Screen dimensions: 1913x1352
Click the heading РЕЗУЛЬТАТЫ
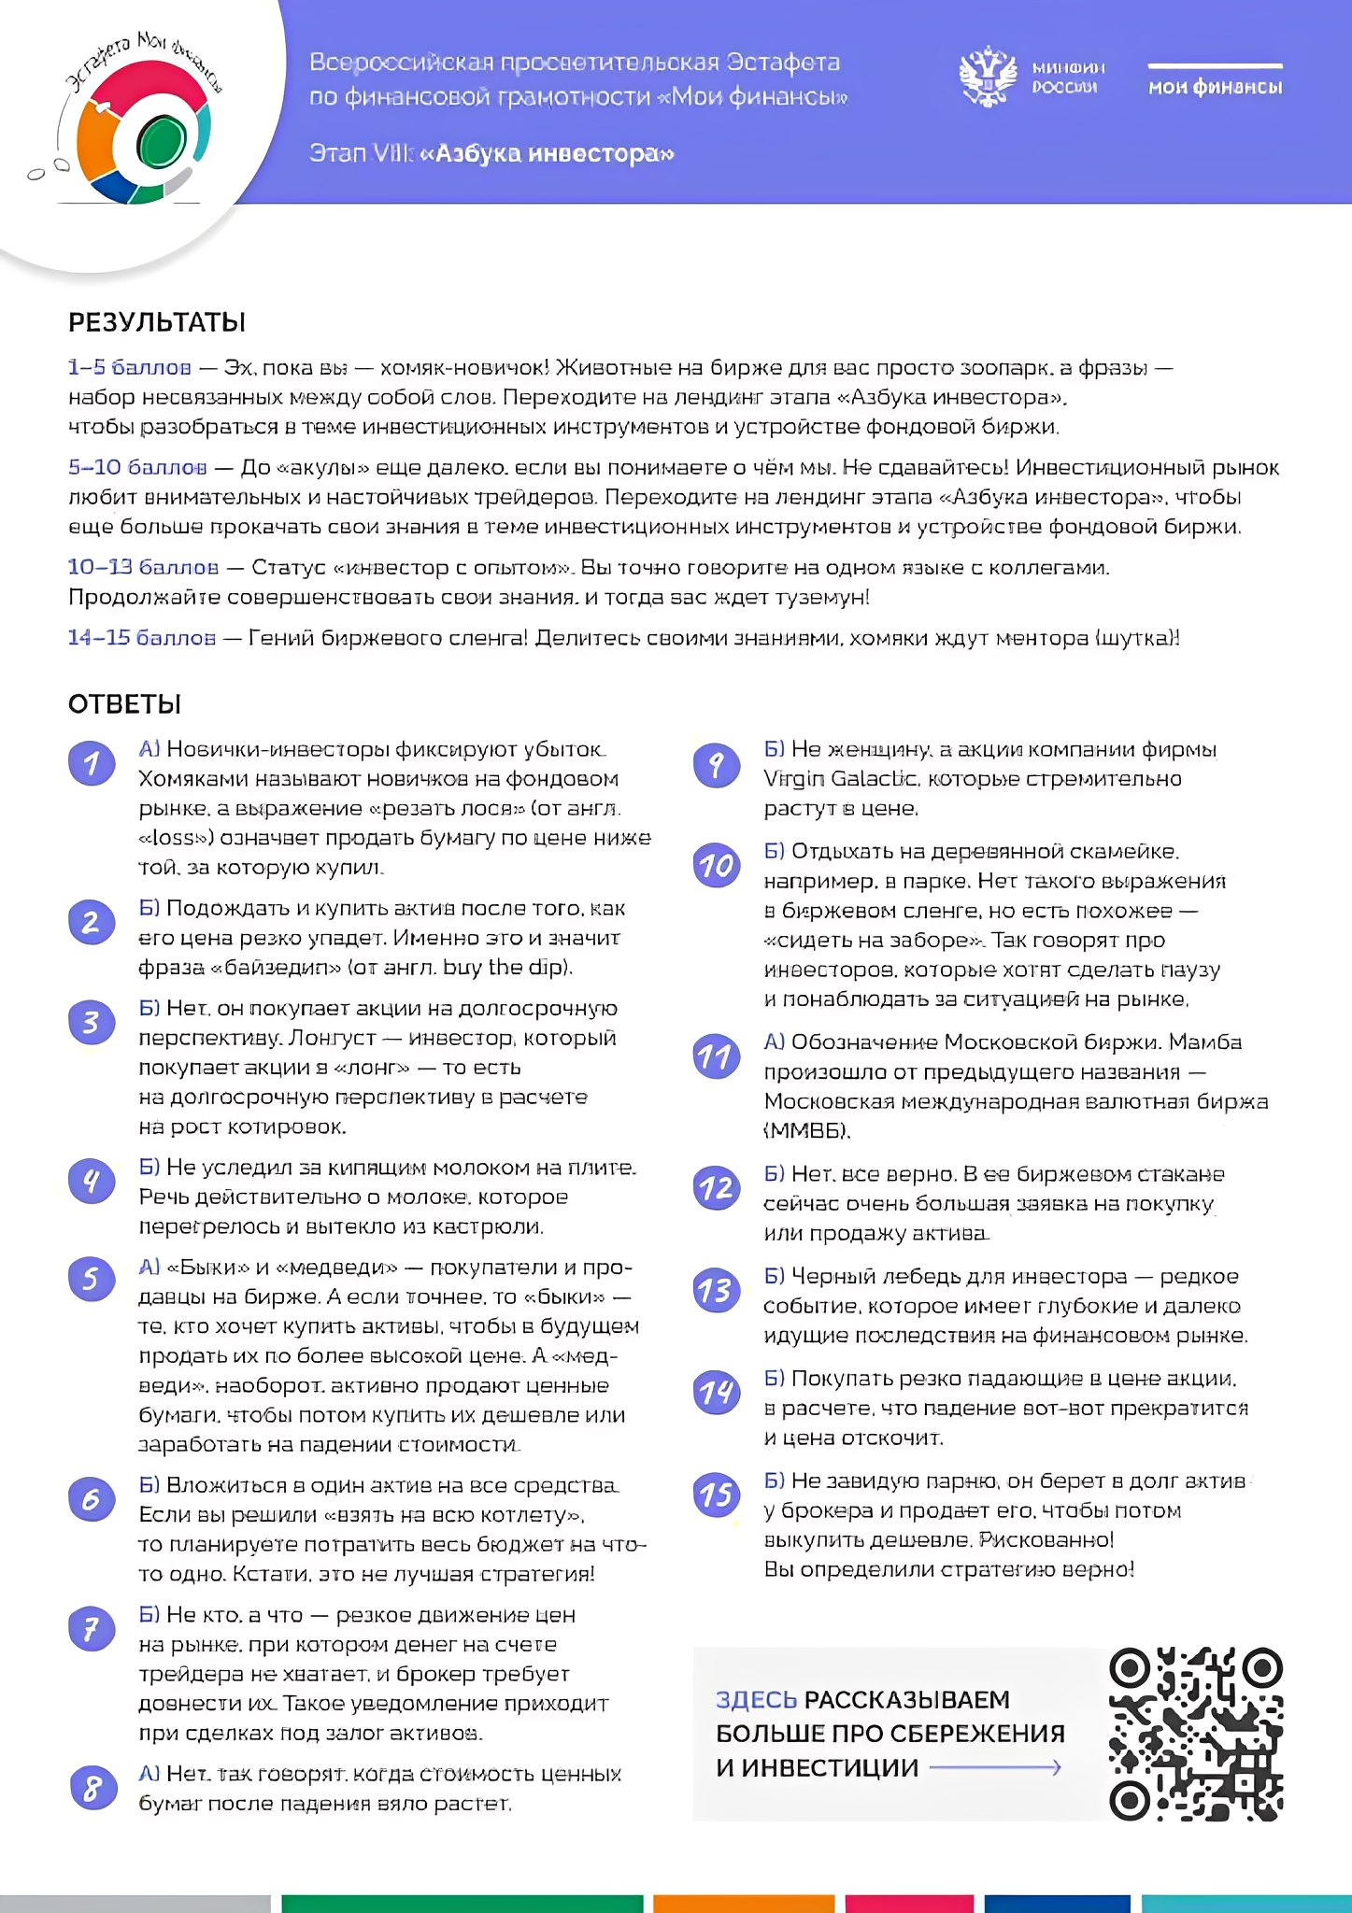point(157,322)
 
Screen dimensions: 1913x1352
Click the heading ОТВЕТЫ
point(124,704)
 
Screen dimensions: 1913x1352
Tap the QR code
point(1195,1735)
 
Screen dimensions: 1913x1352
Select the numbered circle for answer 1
point(92,763)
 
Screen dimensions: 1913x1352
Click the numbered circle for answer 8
point(93,1788)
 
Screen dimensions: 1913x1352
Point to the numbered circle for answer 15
point(717,1495)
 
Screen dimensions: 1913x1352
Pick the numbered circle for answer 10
point(717,865)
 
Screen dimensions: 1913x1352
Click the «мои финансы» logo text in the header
point(1215,87)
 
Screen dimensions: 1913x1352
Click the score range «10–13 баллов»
point(143,567)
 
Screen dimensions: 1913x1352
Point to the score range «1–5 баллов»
point(129,367)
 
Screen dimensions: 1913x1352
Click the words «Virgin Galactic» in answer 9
point(840,779)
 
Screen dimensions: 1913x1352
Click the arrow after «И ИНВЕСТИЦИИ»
point(996,1767)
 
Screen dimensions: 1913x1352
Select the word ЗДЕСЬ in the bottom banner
point(756,1700)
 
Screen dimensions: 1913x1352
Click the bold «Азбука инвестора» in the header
point(548,153)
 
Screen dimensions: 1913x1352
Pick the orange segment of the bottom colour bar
point(743,1904)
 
